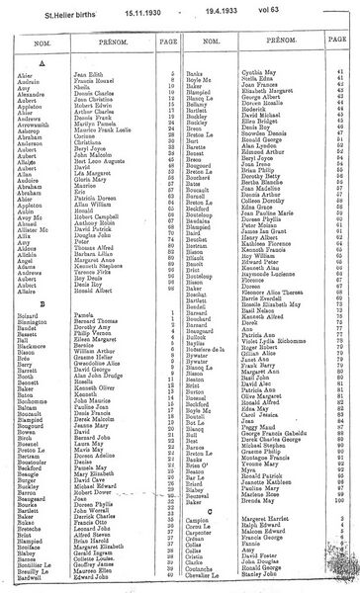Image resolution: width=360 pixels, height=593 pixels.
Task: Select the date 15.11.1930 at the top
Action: point(150,10)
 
